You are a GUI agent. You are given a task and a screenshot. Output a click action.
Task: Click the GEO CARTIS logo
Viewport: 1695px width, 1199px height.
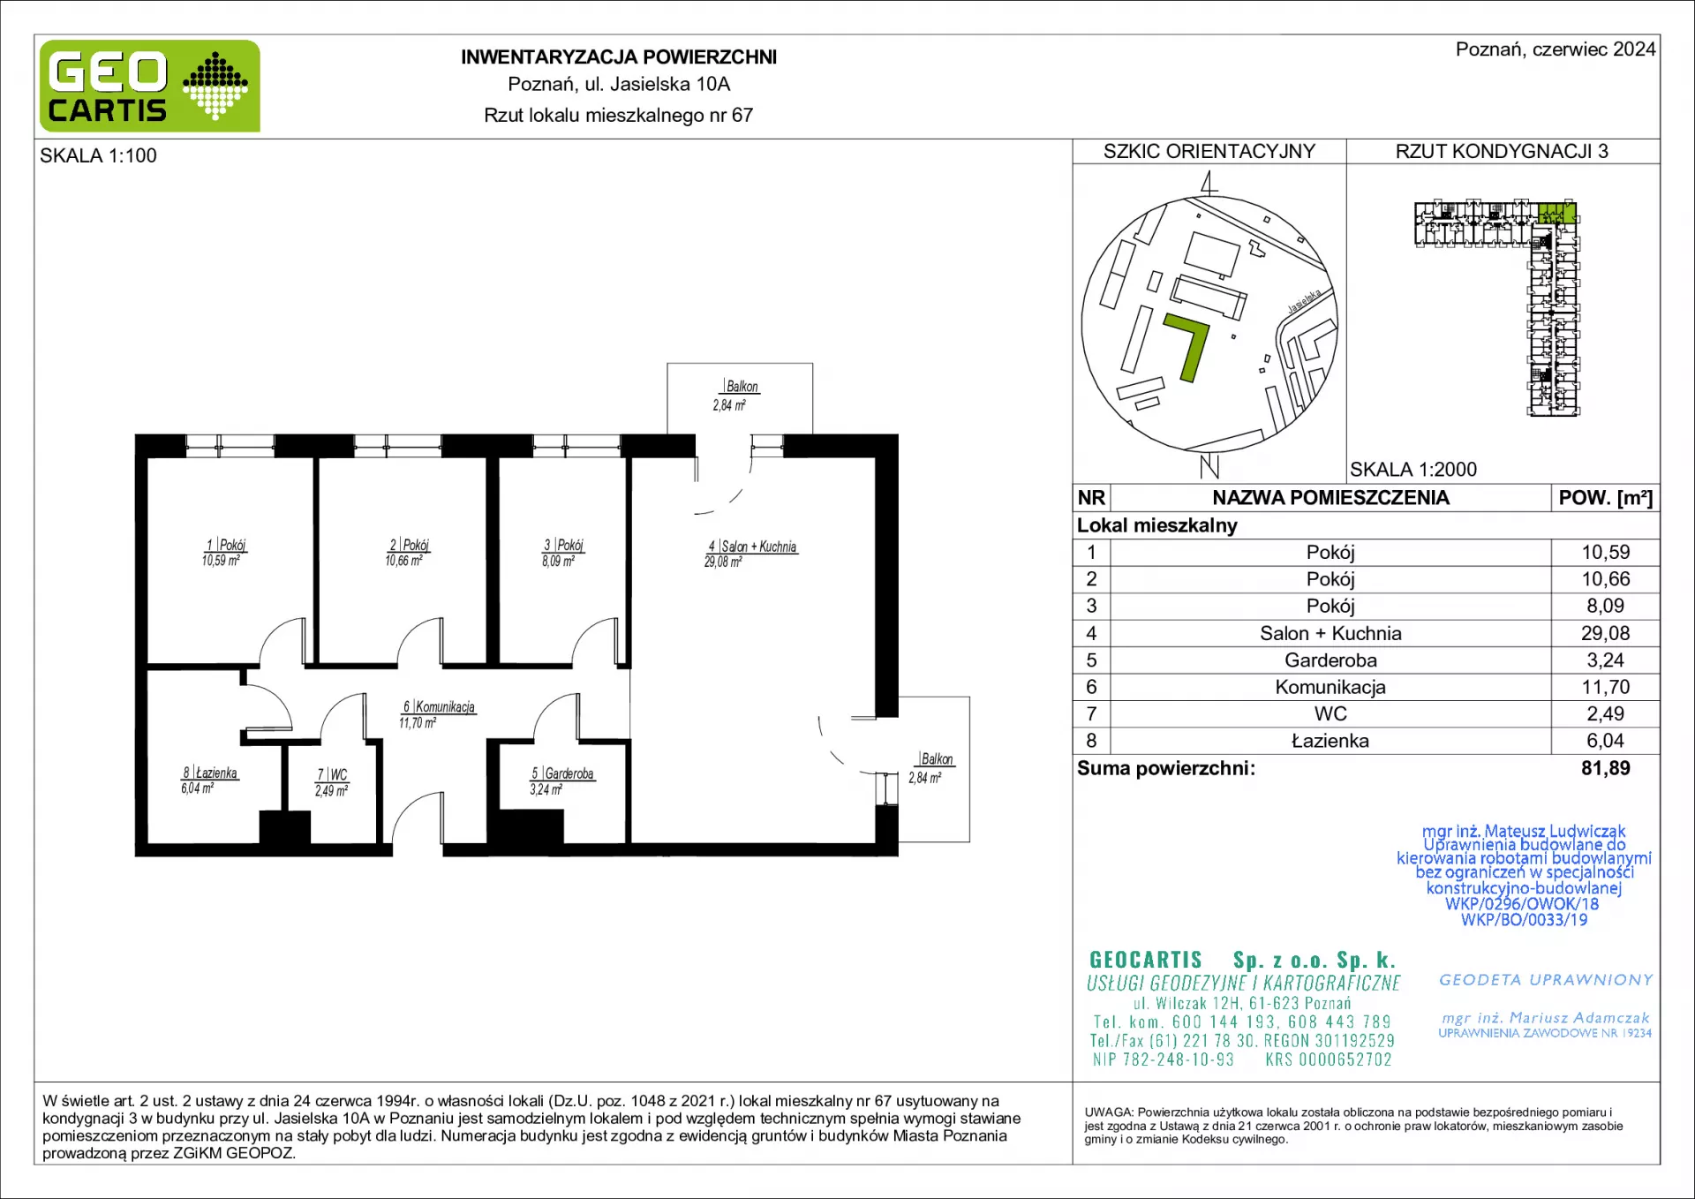pos(150,86)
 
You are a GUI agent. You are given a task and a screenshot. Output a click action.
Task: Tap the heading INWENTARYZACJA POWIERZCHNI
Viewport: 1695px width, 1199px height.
pos(619,57)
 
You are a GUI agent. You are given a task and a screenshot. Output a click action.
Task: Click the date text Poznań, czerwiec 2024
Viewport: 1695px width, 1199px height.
pos(1556,49)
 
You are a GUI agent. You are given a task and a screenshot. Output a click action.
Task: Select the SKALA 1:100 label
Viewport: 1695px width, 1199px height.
pos(98,155)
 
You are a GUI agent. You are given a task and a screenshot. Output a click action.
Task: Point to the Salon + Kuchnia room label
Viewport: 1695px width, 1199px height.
pos(758,547)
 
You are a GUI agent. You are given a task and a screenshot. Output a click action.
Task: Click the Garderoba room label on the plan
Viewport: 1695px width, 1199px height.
pos(569,773)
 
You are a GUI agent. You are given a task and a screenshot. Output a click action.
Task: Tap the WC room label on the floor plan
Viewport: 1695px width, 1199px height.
pos(338,774)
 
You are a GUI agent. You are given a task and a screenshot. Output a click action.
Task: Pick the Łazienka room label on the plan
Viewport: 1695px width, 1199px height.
pos(215,773)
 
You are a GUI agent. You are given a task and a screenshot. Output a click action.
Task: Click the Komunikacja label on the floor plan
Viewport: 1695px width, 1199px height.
pos(444,706)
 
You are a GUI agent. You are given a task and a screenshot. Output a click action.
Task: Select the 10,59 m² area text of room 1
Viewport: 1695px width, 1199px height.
pos(221,561)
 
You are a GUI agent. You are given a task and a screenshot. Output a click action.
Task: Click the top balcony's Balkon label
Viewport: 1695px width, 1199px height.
pos(742,386)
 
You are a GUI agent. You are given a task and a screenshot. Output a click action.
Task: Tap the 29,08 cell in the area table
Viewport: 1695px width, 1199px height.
pos(1605,633)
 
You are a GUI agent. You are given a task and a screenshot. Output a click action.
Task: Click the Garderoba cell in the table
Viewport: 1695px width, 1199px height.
pos(1330,660)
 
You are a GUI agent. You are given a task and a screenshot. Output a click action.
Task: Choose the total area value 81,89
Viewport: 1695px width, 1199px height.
pos(1605,768)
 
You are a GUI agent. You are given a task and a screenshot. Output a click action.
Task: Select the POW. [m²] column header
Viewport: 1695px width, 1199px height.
pos(1605,498)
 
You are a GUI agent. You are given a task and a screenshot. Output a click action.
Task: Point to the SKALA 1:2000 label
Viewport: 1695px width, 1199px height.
pos(1413,470)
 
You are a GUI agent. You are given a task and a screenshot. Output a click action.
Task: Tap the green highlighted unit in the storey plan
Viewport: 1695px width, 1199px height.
pos(1557,213)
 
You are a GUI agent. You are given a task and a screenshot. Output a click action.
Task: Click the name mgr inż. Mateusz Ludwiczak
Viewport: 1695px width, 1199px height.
pos(1524,831)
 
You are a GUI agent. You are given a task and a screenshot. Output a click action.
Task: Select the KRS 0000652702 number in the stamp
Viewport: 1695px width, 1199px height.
pos(1329,1059)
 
